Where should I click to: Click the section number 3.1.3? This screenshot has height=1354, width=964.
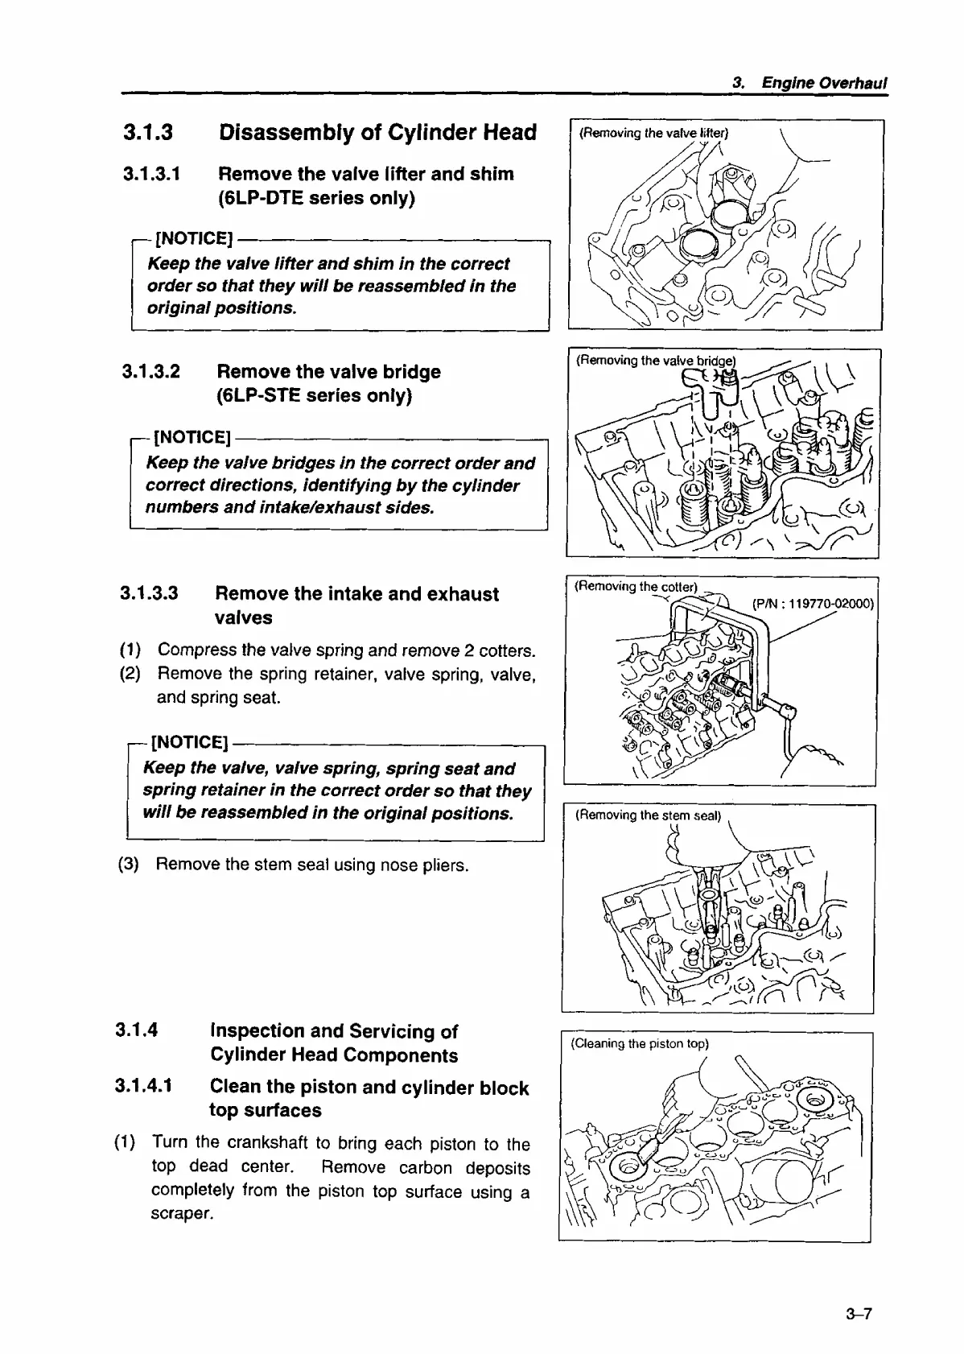coord(148,133)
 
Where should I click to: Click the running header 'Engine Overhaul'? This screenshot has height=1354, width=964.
coord(824,83)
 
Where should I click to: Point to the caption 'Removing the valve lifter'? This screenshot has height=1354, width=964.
coord(653,134)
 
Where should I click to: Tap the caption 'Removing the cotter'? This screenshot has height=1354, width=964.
coord(636,587)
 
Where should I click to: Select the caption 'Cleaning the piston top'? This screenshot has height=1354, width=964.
coord(639,1044)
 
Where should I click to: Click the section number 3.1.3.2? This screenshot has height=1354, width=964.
coord(151,372)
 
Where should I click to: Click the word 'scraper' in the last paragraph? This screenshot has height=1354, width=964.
coord(181,1213)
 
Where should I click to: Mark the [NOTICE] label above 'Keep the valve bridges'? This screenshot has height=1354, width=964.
coord(192,437)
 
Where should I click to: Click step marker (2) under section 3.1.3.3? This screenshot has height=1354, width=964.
coord(130,673)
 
